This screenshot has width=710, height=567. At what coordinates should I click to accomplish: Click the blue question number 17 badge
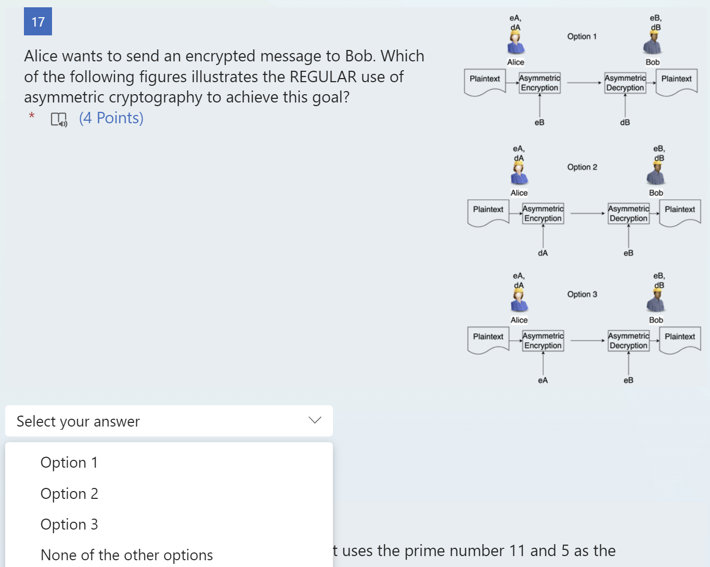click(38, 22)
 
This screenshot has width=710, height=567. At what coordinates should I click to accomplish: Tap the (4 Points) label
click(111, 118)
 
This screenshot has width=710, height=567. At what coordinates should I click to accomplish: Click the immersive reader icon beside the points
click(59, 120)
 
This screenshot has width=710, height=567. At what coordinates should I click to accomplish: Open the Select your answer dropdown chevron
click(315, 420)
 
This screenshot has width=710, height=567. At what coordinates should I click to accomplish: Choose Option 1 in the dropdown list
click(69, 462)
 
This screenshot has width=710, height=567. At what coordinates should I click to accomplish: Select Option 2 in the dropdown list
click(69, 494)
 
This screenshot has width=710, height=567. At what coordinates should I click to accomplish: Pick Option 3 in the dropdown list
click(69, 524)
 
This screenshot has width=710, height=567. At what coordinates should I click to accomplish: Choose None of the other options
click(126, 555)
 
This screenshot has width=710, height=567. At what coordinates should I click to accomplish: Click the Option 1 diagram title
click(582, 36)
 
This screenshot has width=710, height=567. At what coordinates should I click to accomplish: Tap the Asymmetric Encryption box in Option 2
click(543, 213)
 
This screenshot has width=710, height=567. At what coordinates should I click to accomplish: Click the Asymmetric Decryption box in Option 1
click(625, 83)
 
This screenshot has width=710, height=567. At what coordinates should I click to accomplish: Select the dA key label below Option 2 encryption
click(543, 253)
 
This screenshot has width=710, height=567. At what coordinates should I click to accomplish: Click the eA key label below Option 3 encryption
click(543, 380)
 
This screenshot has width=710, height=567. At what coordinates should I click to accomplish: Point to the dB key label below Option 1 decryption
click(625, 122)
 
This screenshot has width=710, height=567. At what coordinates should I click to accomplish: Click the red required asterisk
click(32, 115)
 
